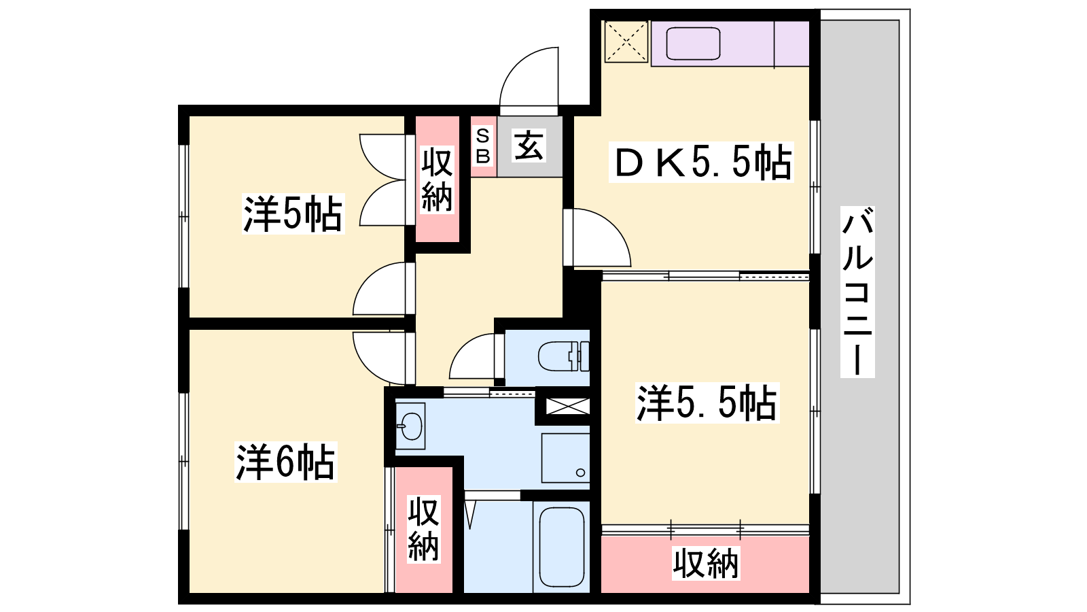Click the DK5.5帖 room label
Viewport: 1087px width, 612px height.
click(702, 163)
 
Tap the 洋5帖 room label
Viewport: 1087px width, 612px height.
click(293, 214)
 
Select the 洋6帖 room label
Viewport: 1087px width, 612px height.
click(285, 462)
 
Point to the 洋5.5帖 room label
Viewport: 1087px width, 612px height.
click(707, 403)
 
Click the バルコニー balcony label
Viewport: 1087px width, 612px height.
click(857, 292)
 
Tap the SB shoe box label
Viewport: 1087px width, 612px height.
click(483, 146)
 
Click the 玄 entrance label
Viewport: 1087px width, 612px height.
click(529, 146)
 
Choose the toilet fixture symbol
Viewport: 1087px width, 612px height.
click(563, 356)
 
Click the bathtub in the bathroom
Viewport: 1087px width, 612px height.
click(561, 548)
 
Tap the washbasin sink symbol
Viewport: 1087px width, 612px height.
click(410, 426)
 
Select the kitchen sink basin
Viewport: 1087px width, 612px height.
click(693, 44)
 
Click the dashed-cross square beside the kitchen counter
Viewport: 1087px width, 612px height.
click(626, 41)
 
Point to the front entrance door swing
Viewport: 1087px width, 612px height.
click(529, 78)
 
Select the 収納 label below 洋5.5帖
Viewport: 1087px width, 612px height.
click(706, 564)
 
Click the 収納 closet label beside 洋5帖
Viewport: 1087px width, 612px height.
click(438, 180)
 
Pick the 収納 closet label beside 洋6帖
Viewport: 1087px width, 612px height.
click(424, 530)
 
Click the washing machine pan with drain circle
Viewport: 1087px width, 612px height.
click(565, 458)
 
